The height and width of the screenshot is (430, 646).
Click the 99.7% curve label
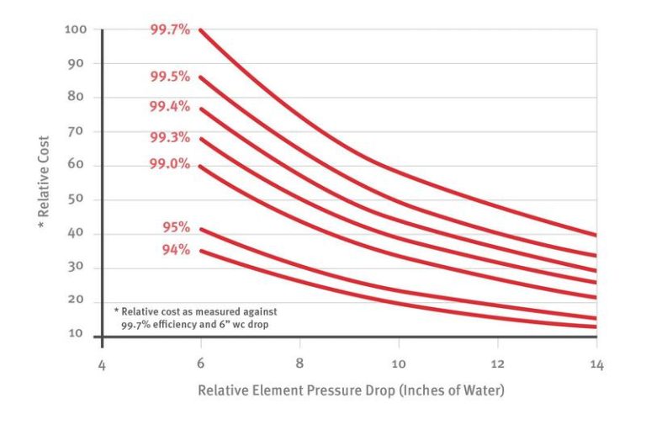click(170, 30)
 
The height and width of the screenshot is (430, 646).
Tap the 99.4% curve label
click(170, 107)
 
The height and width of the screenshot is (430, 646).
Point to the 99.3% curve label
click(170, 137)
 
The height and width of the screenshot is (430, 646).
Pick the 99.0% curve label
click(170, 163)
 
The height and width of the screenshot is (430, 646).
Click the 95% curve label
click(177, 227)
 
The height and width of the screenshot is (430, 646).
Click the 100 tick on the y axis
click(76, 30)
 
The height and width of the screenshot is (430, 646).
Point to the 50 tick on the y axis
click(78, 199)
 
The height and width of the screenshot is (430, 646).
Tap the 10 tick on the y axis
click(78, 334)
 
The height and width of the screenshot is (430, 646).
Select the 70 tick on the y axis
click(78, 131)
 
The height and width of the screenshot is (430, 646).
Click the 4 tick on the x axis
click(102, 365)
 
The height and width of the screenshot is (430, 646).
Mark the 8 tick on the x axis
click(300, 365)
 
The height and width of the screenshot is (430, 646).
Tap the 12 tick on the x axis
click(498, 365)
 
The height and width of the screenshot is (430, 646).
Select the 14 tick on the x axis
click(596, 365)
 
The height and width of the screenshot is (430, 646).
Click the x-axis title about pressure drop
click(351, 391)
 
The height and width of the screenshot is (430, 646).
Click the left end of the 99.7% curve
click(200, 29)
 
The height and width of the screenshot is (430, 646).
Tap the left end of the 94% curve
click(200, 250)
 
